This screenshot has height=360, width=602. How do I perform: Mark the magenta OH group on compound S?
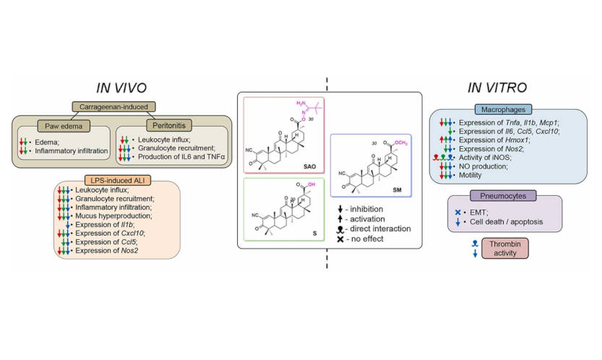point(314,184)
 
